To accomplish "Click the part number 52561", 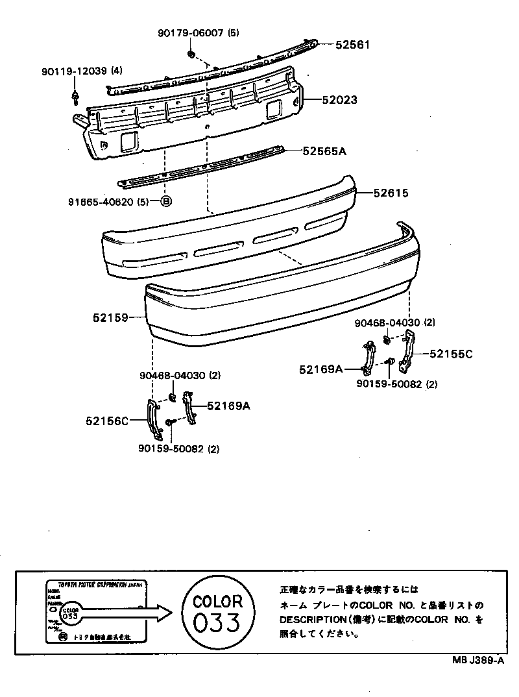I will point(353,45).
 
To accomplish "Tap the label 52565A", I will point(324,151).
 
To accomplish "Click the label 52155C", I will point(451,354).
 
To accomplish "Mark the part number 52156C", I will point(106,421).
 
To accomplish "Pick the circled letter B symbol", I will point(165,202).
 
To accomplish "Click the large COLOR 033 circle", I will point(218,613).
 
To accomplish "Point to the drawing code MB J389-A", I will point(478,660).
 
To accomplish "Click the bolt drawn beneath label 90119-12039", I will point(75,98).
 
